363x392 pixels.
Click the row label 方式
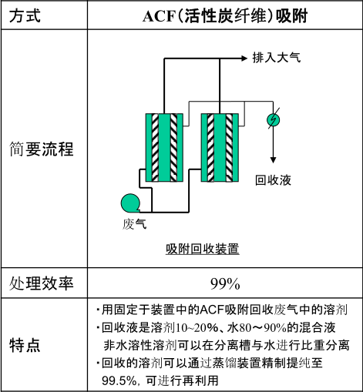tap(25, 15)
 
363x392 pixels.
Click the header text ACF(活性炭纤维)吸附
tap(225, 16)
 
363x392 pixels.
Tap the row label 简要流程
tap(42, 149)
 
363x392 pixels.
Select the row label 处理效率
tap(42, 283)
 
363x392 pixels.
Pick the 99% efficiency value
tap(225, 284)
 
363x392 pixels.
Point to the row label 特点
tap(25, 345)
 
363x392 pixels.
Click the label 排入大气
tap(277, 58)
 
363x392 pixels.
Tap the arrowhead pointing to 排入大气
tap(244, 59)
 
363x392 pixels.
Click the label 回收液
tap(273, 180)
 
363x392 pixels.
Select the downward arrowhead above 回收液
tap(273, 159)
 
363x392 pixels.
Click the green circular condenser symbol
tap(273, 119)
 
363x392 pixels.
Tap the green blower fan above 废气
tap(130, 203)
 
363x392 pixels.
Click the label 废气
tap(134, 224)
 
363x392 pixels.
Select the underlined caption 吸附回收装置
tap(203, 249)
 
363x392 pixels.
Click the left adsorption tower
tap(164, 148)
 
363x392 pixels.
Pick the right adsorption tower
tap(220, 148)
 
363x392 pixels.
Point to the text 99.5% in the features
tap(119, 380)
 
